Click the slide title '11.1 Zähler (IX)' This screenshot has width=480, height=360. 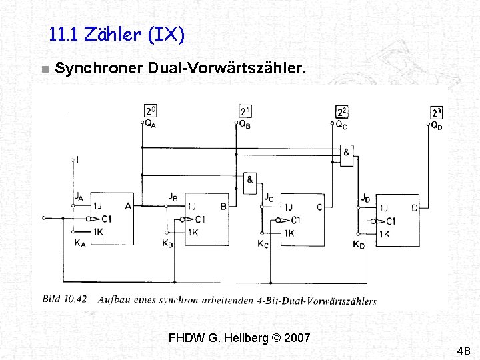[x=117, y=34]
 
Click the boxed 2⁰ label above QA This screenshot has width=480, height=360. [x=151, y=111]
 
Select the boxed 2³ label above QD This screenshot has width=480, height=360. [x=437, y=113]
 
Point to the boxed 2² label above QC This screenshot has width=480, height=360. [x=343, y=112]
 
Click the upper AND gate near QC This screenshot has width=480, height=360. [x=347, y=155]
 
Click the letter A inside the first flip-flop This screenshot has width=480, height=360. [x=127, y=206]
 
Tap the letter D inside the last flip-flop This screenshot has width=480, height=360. [x=415, y=208]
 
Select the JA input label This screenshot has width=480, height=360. [x=79, y=197]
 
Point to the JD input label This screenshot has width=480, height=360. [x=365, y=198]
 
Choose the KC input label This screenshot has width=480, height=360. [x=263, y=244]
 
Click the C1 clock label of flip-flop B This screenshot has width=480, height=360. [x=199, y=219]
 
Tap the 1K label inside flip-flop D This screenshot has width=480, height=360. [x=385, y=234]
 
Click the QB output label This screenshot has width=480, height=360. [x=245, y=124]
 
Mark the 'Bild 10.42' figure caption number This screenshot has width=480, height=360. [x=65, y=299]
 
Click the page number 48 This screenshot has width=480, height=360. [x=464, y=351]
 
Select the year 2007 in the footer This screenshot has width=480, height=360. [x=297, y=337]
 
